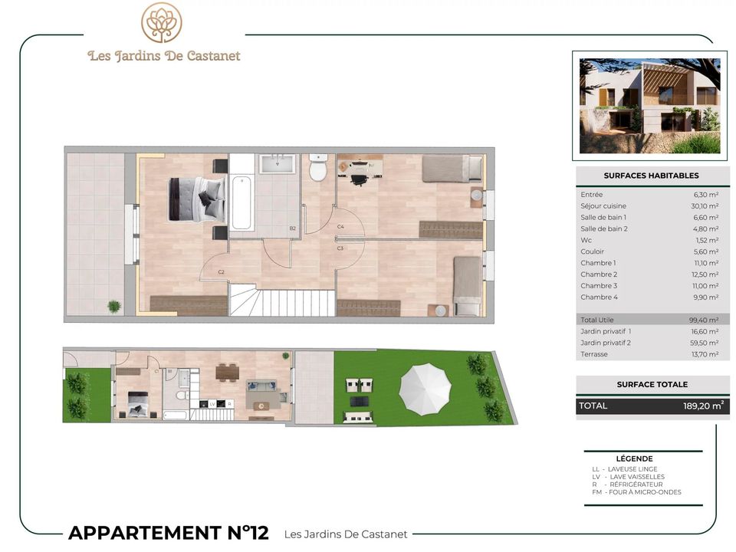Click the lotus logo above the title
tap(162, 22)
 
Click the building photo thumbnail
tap(649, 106)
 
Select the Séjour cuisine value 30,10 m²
tap(705, 206)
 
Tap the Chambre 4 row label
tap(599, 297)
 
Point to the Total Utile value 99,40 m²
tap(704, 320)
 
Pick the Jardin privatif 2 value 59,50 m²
tap(705, 343)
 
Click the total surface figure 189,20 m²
tap(703, 406)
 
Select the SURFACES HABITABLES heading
tap(651, 176)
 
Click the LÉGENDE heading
tap(634, 458)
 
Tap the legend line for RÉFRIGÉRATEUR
tap(627, 485)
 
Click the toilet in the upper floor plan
tap(318, 168)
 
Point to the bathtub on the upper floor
tap(242, 202)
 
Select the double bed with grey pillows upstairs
tap(196, 199)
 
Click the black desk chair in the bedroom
tap(359, 179)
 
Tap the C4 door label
tap(340, 227)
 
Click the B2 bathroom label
tap(292, 228)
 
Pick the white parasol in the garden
tap(426, 389)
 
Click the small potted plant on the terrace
tap(114, 307)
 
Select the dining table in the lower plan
tap(228, 373)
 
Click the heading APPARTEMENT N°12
tap(169, 533)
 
